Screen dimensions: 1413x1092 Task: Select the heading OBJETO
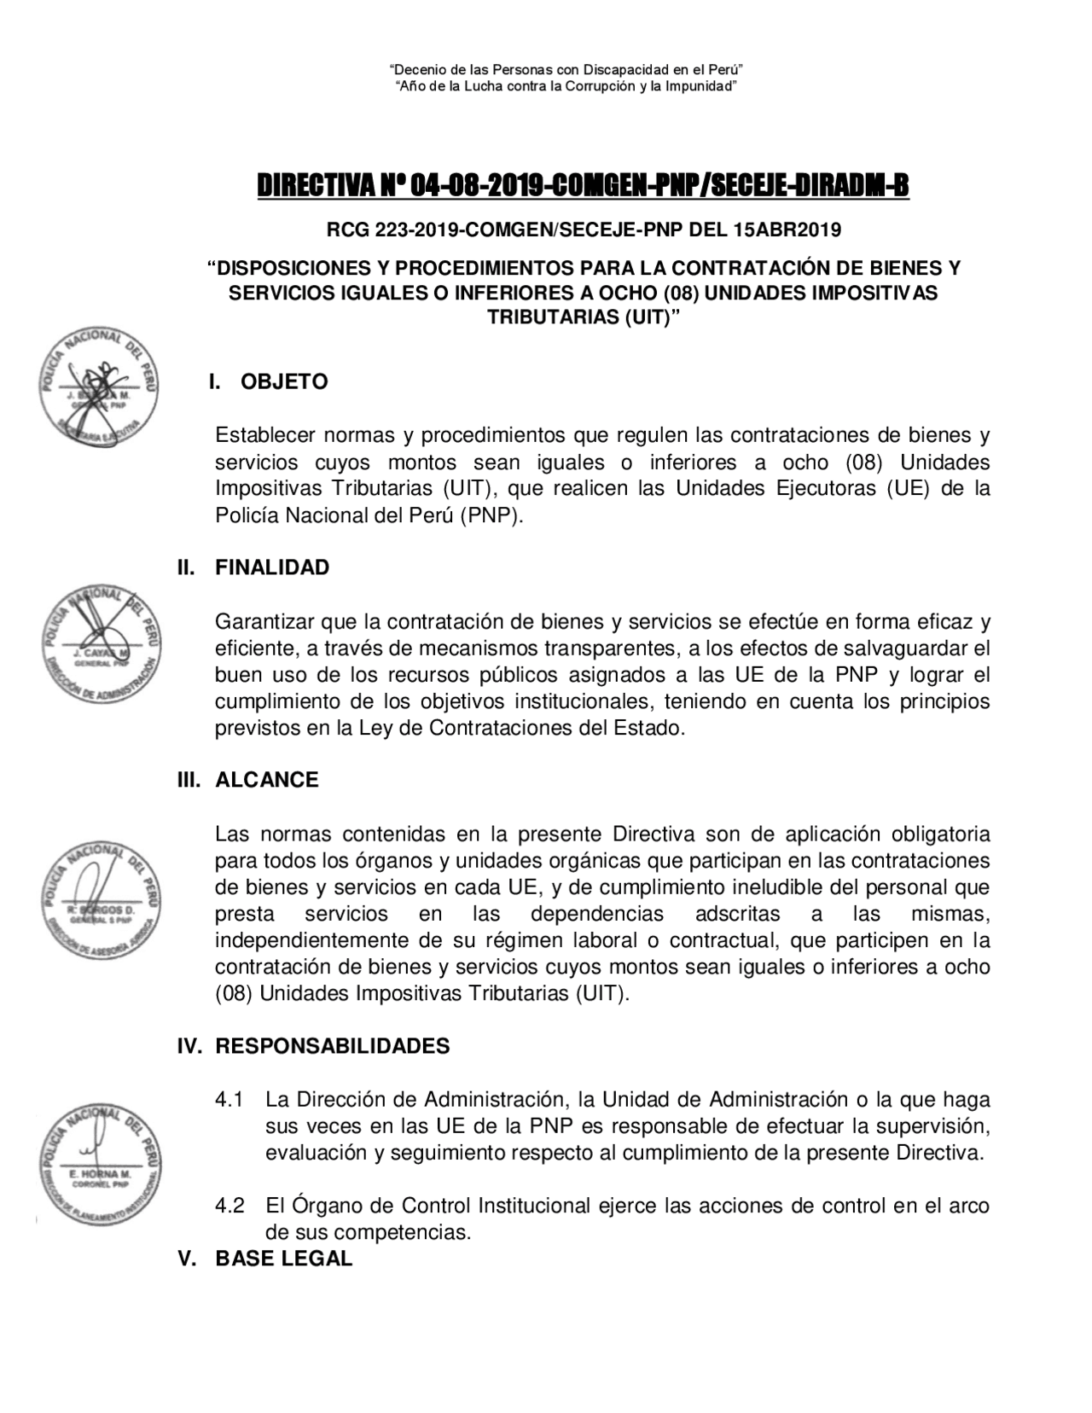click(x=284, y=381)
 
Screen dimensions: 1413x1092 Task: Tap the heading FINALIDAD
click(x=272, y=567)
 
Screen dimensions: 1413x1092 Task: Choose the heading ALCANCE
click(x=266, y=780)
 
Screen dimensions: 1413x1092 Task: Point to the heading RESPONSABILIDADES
click(x=332, y=1046)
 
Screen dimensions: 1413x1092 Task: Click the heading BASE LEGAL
click(x=283, y=1259)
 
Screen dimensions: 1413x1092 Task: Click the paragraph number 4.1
click(x=229, y=1099)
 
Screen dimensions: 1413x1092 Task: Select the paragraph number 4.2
click(x=229, y=1206)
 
